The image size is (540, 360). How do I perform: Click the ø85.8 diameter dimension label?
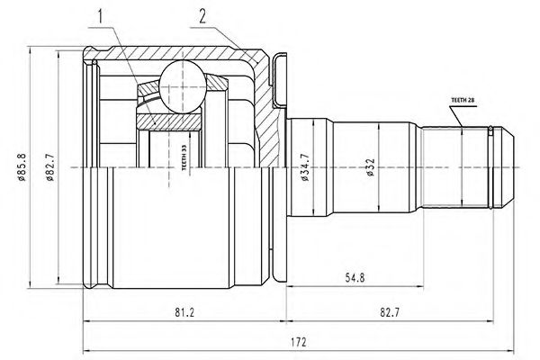tap(22, 167)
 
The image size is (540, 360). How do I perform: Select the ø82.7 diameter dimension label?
tap(49, 167)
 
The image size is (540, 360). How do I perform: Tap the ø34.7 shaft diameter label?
tap(305, 167)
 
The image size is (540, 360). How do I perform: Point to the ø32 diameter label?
tap(371, 167)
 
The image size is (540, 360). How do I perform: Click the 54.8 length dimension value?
tap(355, 277)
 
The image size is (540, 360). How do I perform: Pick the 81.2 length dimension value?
tap(184, 312)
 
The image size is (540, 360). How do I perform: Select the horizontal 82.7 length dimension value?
tap(390, 312)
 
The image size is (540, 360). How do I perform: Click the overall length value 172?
tap(298, 342)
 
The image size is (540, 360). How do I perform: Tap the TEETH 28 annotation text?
tap(463, 100)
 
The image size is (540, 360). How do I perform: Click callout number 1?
tap(100, 16)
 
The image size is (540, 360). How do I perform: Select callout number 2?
tap(202, 16)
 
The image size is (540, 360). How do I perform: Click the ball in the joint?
tap(184, 86)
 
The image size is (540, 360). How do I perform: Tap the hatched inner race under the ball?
tap(169, 121)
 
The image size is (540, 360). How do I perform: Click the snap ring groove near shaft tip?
tap(490, 167)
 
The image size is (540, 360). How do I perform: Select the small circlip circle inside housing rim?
tap(94, 62)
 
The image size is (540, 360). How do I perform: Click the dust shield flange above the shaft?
tap(279, 80)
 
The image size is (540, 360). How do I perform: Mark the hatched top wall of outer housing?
tap(171, 53)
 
